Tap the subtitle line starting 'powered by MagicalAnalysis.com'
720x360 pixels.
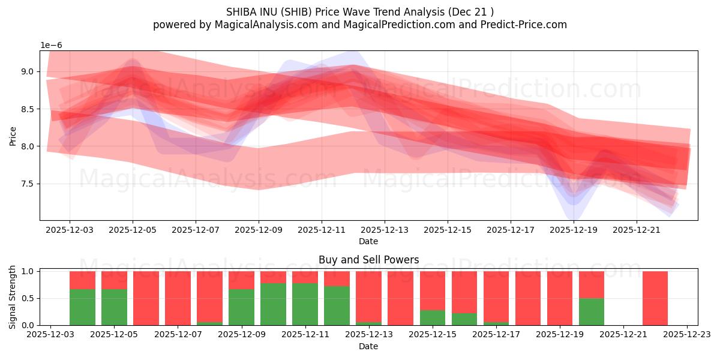coord(360,25)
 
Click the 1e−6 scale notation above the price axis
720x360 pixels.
coord(51,46)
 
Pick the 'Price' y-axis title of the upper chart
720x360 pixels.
coord(13,136)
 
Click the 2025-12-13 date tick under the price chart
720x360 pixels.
coord(385,229)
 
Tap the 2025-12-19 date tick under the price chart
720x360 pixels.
coord(574,229)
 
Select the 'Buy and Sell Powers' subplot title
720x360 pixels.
coord(368,260)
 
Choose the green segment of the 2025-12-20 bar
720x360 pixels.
coord(591,311)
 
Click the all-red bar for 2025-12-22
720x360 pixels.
coord(655,298)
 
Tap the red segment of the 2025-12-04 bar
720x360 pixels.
coord(82,280)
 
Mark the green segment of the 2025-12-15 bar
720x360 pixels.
coord(432,317)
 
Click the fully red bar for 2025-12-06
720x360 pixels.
coord(146,298)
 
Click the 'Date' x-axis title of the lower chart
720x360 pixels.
coord(368,346)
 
